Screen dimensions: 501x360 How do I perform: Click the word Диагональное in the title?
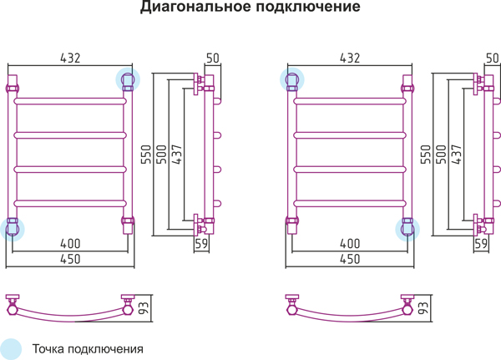(x=196, y=7)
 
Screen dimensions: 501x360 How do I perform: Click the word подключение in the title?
(x=308, y=7)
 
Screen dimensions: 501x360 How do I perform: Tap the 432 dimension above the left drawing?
(x=70, y=58)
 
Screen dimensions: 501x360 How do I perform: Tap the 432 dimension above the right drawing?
(x=350, y=58)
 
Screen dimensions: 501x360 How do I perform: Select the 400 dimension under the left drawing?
(x=70, y=244)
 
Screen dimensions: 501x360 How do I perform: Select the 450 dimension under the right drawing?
(x=350, y=259)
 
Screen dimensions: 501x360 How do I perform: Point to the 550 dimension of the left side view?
(x=145, y=155)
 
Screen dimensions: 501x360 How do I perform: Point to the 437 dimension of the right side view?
(x=456, y=155)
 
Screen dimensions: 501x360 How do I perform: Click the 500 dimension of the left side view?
(x=161, y=155)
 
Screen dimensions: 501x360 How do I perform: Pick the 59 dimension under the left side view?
(x=201, y=244)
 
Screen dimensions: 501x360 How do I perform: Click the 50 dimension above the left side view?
(x=212, y=58)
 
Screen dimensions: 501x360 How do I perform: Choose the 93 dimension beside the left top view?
(x=144, y=308)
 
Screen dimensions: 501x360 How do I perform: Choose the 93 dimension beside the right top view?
(x=423, y=308)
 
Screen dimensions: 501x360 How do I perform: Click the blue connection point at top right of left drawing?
(x=128, y=79)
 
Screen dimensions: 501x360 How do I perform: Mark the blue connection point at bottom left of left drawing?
(x=13, y=229)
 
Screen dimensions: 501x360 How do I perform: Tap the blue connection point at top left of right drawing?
(x=292, y=79)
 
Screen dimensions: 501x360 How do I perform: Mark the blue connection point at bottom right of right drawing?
(x=407, y=229)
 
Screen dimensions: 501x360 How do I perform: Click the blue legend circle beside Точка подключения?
(x=10, y=349)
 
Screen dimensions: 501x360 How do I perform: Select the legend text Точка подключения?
(x=88, y=349)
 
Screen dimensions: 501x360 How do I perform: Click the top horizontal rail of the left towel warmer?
(x=70, y=101)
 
